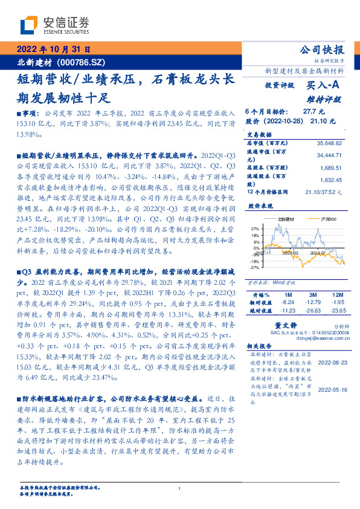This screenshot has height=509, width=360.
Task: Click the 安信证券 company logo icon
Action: click(x=29, y=25)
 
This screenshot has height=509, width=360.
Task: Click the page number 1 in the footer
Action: click(x=180, y=489)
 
